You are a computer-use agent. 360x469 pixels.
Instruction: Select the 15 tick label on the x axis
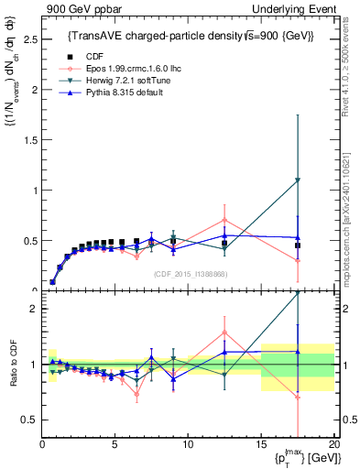[260, 444]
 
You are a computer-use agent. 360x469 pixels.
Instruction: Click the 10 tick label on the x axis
[187, 444]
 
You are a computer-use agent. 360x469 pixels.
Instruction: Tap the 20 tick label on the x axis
[333, 444]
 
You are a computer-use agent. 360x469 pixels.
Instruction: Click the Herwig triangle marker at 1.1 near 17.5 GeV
[297, 180]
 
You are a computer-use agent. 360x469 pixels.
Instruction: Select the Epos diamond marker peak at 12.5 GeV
[224, 220]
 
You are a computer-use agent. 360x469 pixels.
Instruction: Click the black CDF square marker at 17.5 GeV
[297, 245]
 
